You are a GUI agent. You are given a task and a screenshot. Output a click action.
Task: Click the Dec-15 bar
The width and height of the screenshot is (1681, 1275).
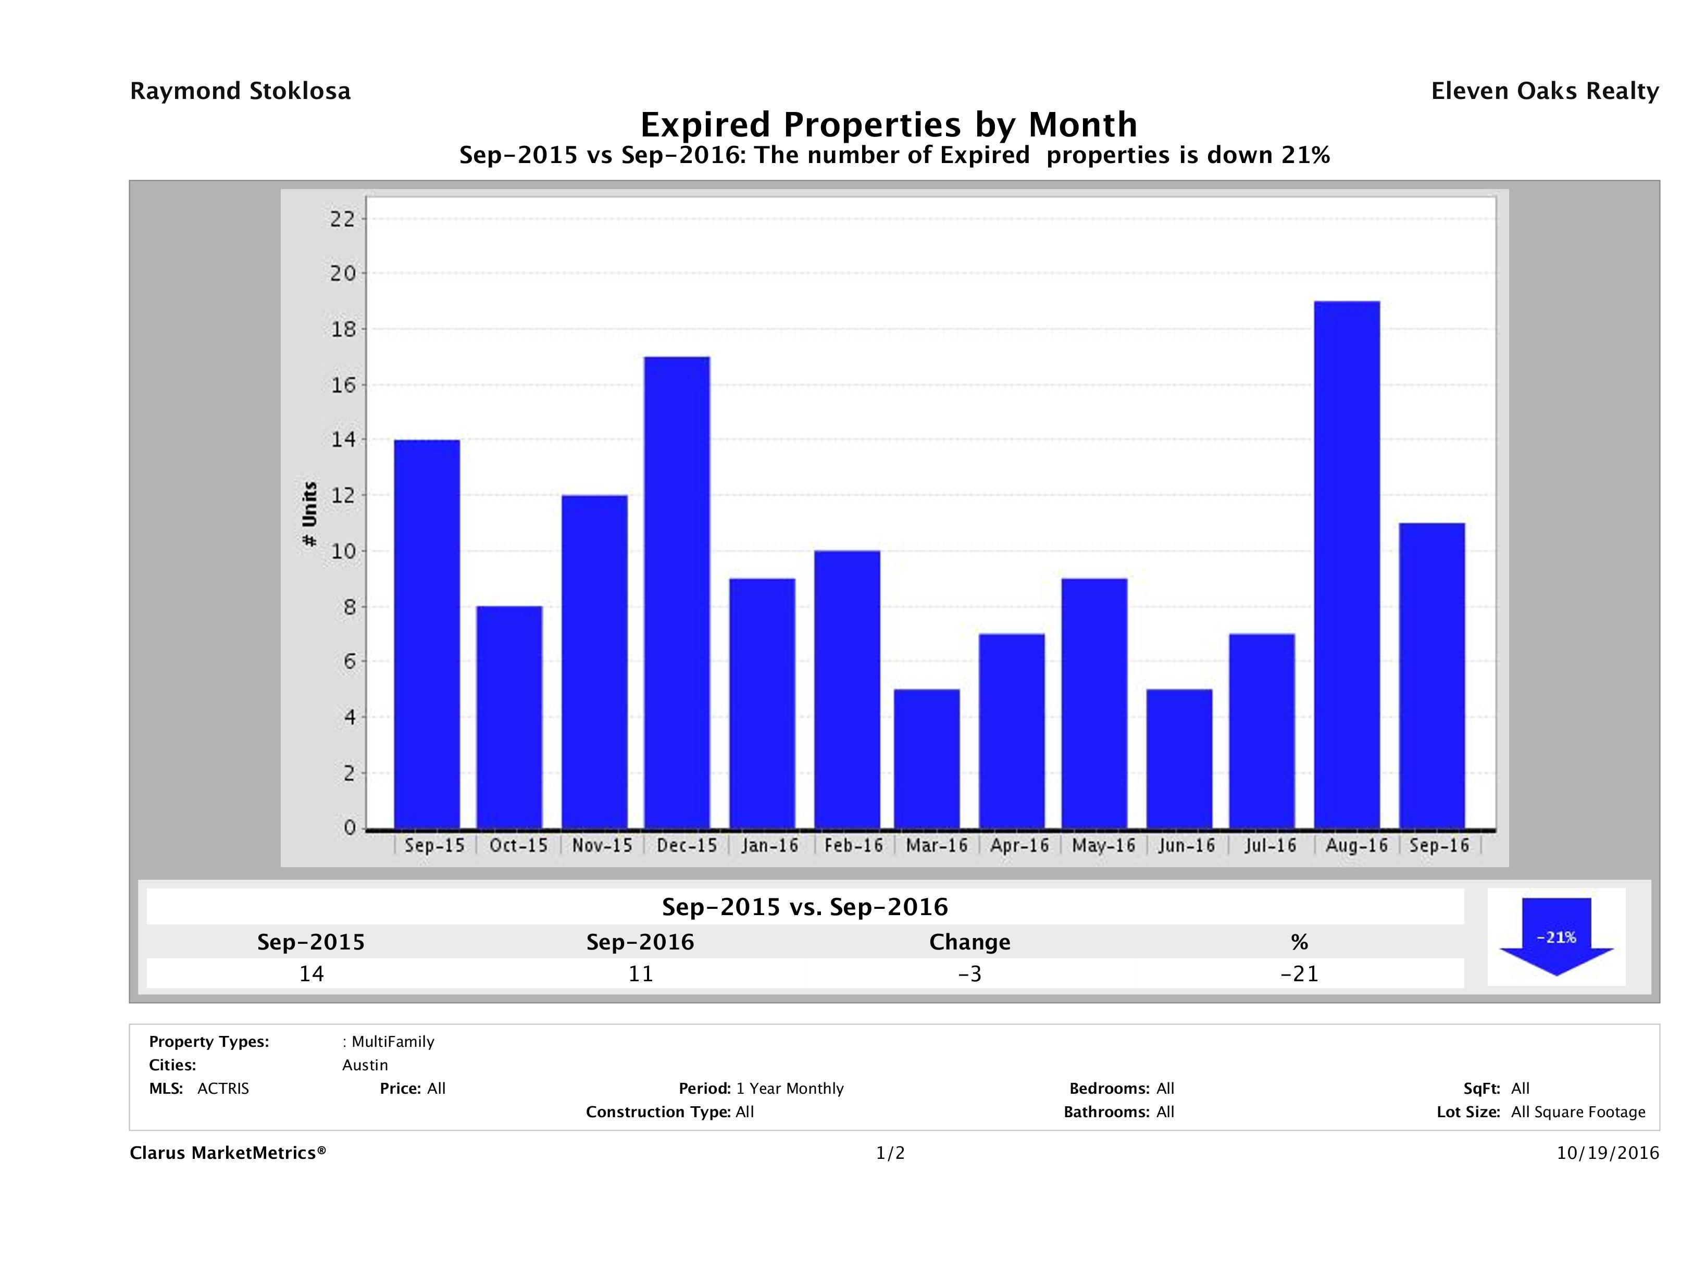[x=677, y=593]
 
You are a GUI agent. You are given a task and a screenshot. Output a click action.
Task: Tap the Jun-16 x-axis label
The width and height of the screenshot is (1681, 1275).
[x=1186, y=846]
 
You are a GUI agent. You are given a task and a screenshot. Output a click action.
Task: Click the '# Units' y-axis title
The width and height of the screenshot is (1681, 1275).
[x=309, y=515]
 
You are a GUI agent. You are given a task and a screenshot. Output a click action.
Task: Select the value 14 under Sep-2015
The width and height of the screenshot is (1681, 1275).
[x=312, y=973]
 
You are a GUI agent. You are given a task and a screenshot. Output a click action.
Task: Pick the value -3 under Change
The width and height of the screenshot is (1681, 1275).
[x=970, y=973]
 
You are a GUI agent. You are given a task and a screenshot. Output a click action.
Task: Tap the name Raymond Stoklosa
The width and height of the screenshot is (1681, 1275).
[x=240, y=91]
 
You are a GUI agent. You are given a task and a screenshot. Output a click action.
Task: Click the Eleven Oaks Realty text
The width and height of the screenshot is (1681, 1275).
[x=1544, y=91]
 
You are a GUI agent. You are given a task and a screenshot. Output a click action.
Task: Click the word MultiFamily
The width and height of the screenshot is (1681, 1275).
[x=393, y=1042]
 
